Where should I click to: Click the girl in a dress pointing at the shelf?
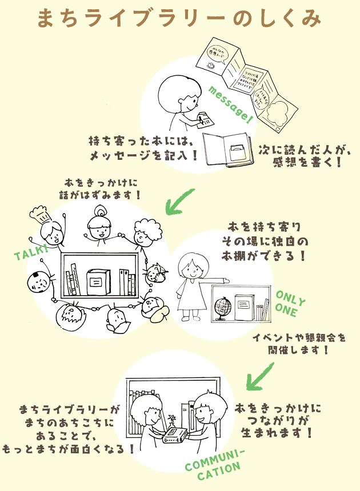190,285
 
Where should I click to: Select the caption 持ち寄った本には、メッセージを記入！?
143,147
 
